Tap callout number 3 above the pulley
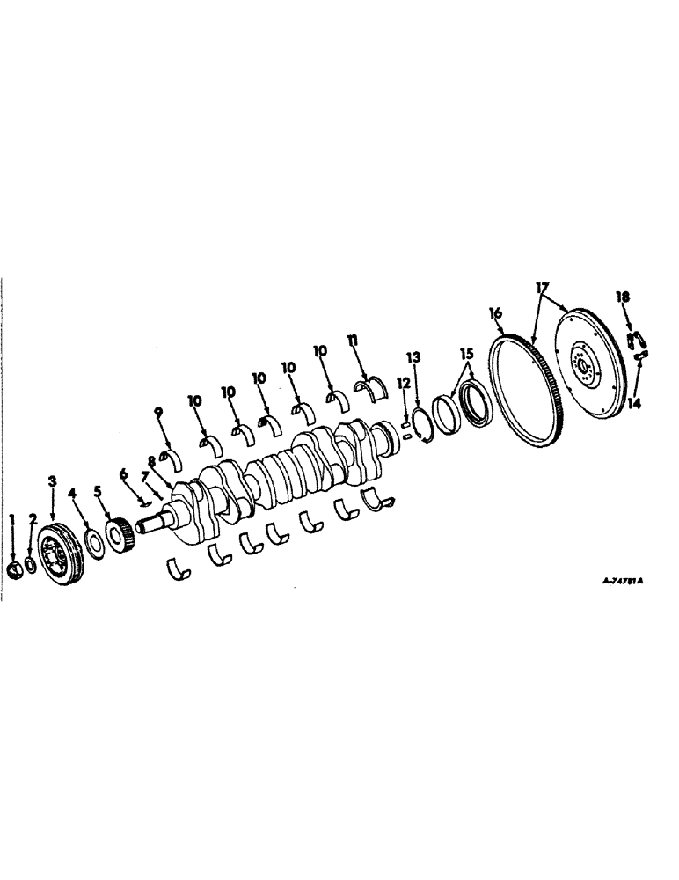pyautogui.click(x=52, y=481)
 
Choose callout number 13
pyautogui.click(x=414, y=356)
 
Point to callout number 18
pyautogui.click(x=623, y=298)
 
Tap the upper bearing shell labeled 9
pyautogui.click(x=168, y=456)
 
